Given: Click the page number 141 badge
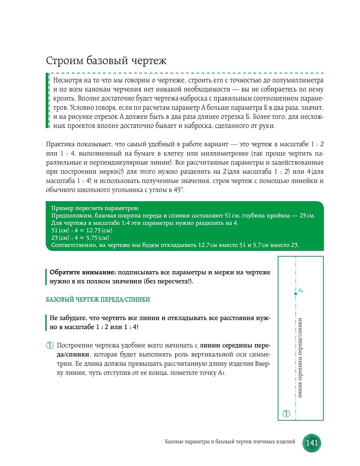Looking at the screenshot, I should coord(312,443).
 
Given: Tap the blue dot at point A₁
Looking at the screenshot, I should coord(296,293).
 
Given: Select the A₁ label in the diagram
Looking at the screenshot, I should coord(300,290).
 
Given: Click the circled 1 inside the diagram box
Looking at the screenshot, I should coord(286,414).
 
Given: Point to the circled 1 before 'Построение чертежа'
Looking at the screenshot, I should coord(50,345).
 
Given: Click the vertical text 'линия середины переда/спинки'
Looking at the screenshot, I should coord(300,358).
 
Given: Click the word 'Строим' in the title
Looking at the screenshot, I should coord(64,60).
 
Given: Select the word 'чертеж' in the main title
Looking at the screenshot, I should coord(149,60).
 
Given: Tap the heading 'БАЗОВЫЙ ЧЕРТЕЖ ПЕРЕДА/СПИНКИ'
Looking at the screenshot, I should coord(98,300).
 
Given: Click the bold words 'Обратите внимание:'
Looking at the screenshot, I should coord(83,272).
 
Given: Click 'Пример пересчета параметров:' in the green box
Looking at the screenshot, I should coord(95,208).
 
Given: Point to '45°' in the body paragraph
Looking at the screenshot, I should coord(179,190).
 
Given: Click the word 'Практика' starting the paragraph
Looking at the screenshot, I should coord(60,144).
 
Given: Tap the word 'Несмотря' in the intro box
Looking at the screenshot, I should coord(68,80).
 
